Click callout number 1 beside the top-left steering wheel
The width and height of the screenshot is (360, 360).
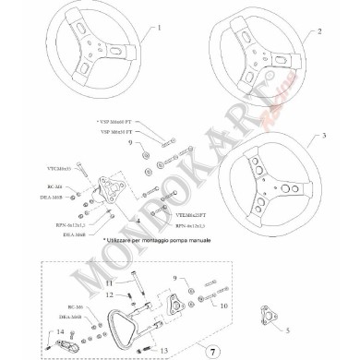coord(160,29)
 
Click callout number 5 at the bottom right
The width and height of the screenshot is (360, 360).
coord(286,329)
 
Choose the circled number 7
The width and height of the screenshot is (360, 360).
coord(211,352)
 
